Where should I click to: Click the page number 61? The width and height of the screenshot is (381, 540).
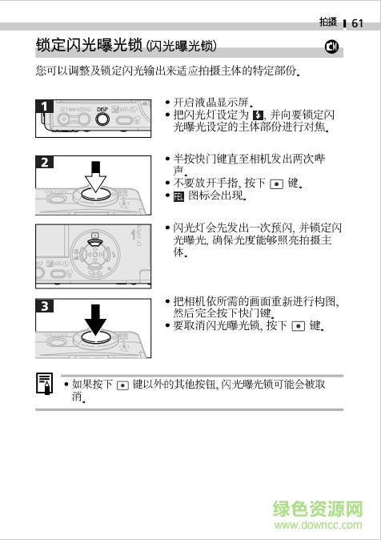(x=357, y=23)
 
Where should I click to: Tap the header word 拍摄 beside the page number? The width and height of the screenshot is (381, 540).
(x=327, y=22)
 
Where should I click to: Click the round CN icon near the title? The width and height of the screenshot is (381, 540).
(x=334, y=47)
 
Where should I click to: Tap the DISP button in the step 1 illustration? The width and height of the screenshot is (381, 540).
(x=102, y=119)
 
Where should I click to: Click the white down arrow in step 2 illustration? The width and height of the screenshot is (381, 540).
(x=95, y=179)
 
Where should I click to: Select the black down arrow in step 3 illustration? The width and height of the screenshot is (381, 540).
(x=95, y=321)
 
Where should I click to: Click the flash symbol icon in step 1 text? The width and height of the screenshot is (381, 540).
(x=257, y=115)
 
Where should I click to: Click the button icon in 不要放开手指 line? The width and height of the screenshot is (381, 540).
(x=276, y=183)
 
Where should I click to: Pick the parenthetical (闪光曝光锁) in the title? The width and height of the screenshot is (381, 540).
(x=186, y=46)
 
